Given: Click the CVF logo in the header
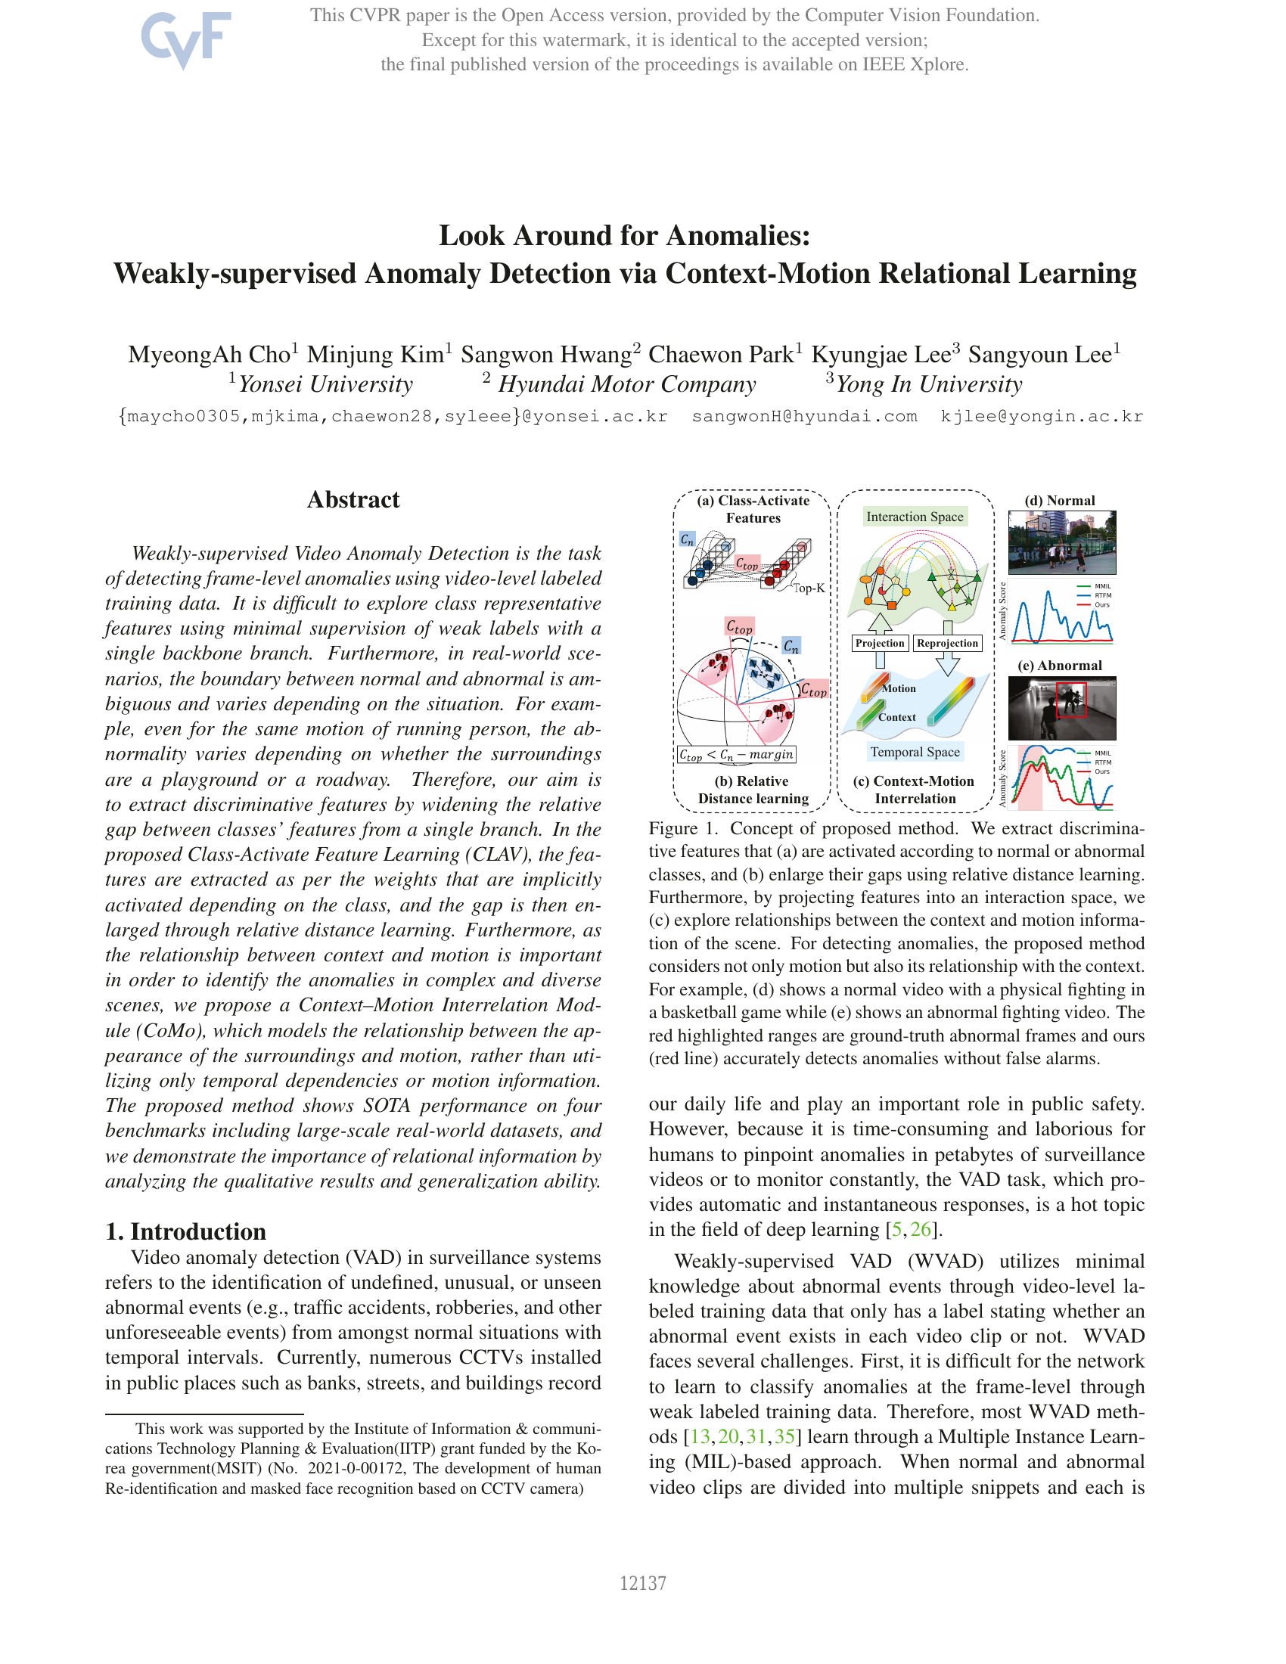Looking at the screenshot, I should click(x=186, y=38).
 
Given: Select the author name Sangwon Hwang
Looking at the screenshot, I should click(x=545, y=354).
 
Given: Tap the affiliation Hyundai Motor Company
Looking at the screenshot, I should click(x=626, y=384).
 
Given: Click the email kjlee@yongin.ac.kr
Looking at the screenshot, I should click(x=1042, y=416).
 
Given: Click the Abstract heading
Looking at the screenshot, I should click(x=353, y=500).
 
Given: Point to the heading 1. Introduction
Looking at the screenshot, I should click(x=186, y=1231).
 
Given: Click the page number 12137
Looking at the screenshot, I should click(x=642, y=1583).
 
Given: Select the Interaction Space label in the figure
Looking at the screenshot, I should click(x=915, y=517).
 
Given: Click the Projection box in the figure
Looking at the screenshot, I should click(x=879, y=643).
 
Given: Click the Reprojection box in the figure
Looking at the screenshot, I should click(x=947, y=643).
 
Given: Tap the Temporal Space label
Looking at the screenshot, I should click(x=915, y=752).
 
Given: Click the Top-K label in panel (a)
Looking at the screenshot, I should click(x=809, y=588).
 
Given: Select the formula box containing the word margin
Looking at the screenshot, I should click(x=736, y=754).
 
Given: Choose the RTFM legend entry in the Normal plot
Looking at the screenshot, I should click(x=1101, y=595).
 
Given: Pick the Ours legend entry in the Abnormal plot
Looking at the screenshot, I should click(x=1101, y=771).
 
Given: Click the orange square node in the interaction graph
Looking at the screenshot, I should click(x=891, y=605).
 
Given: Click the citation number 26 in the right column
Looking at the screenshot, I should click(x=921, y=1229).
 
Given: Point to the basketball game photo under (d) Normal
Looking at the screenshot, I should click(x=1061, y=542).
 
